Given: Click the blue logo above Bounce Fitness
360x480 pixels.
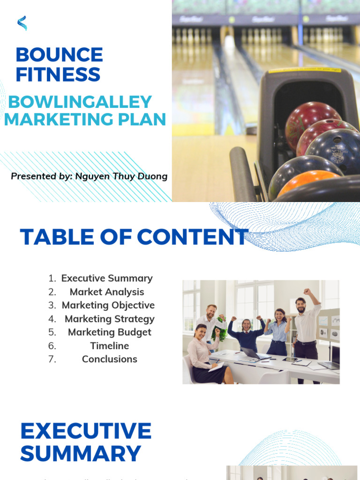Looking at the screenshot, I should click(22, 23).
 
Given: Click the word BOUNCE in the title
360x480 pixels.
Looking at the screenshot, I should click(59, 55).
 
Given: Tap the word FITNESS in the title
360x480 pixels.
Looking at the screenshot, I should click(58, 75).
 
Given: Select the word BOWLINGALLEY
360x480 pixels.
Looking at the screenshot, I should click(80, 102).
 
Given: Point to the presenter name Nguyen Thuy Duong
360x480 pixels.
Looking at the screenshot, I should click(121, 176).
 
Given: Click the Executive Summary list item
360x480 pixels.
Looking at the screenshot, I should click(107, 278).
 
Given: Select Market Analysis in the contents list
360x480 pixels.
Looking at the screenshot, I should click(107, 292).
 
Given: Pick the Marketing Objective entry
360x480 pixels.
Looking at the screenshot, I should click(108, 305).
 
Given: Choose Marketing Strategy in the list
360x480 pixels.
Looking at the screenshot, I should click(109, 319).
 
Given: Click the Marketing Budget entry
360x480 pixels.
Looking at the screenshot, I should click(109, 332).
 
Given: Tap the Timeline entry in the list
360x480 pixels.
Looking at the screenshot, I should click(109, 346).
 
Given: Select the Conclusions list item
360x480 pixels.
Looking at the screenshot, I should click(109, 359).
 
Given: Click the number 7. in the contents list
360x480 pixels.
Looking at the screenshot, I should click(52, 359).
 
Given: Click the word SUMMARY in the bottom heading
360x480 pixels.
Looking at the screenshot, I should click(80, 454).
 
